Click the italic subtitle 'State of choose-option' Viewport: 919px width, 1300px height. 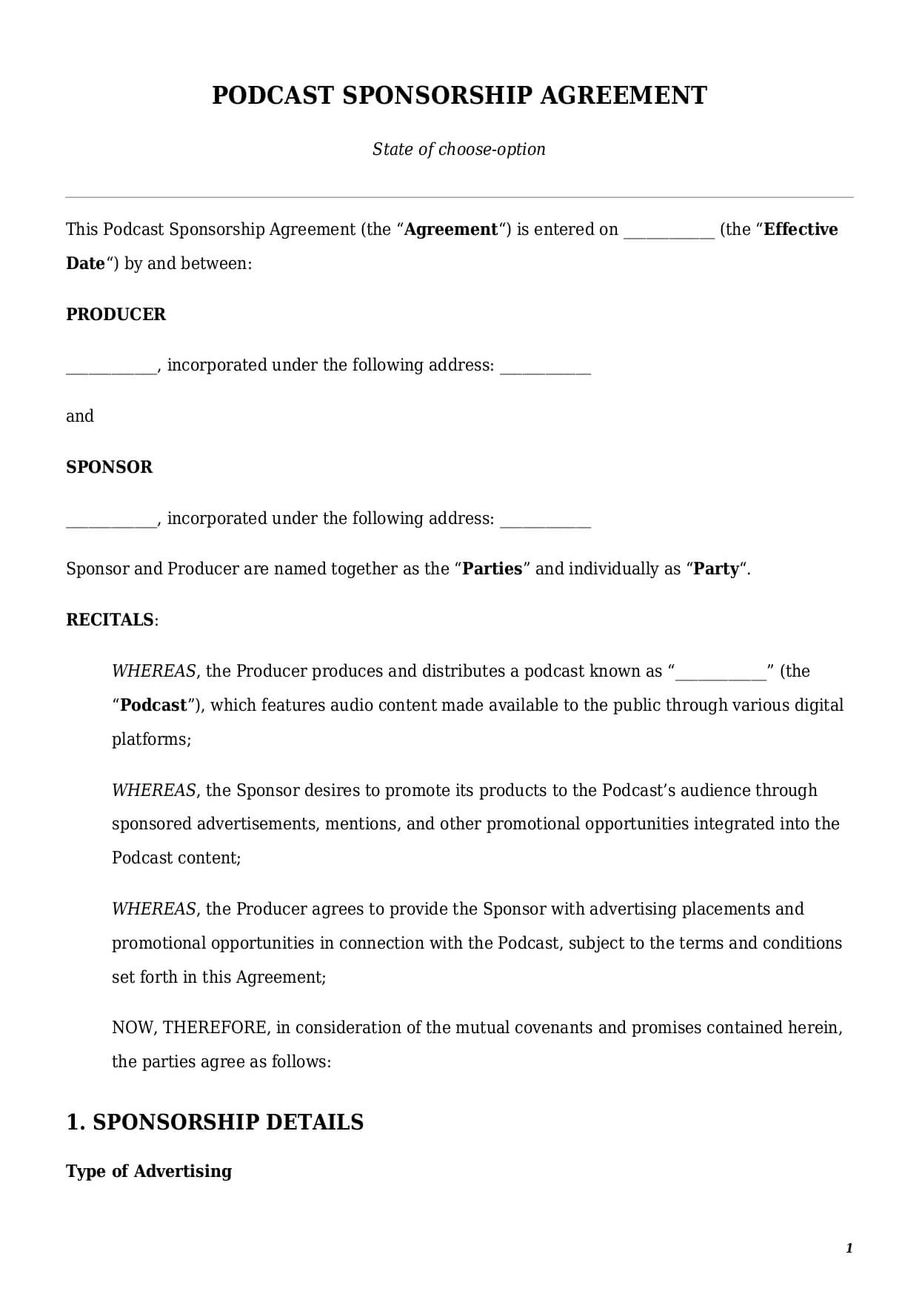click(458, 149)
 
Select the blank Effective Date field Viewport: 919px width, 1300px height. click(669, 231)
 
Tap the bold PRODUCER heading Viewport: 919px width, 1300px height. click(116, 314)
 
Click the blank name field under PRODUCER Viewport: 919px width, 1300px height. click(111, 367)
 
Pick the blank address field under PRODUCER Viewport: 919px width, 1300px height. click(545, 367)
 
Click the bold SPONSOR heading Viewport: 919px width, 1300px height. click(110, 467)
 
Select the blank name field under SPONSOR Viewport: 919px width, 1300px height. click(111, 520)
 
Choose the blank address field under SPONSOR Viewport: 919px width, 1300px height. click(545, 520)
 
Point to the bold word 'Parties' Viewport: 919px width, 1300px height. click(492, 569)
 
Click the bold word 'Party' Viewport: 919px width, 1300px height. click(716, 569)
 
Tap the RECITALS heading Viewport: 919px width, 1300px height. click(110, 620)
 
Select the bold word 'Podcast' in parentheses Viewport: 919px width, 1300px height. click(153, 705)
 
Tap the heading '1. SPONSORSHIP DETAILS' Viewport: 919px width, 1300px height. click(215, 1122)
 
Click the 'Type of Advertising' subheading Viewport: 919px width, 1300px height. click(149, 1171)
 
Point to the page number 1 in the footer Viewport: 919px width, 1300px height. click(849, 1248)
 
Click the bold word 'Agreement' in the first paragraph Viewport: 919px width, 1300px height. click(451, 230)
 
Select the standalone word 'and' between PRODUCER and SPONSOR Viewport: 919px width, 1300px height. click(80, 417)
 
